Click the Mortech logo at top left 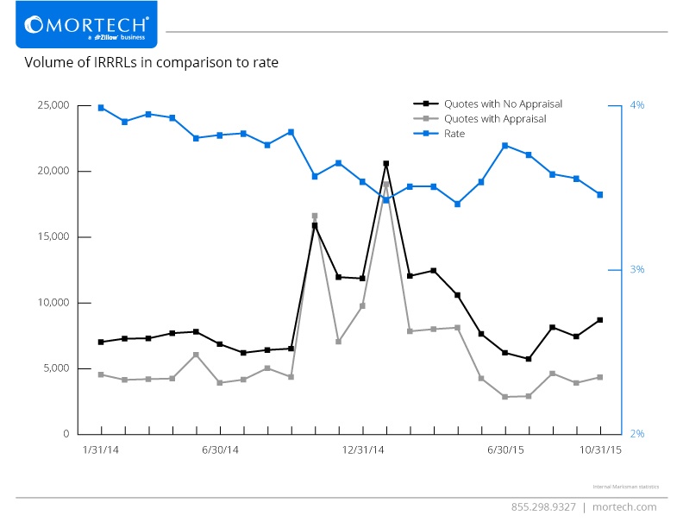tap(86, 26)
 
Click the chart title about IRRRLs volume tap(151, 63)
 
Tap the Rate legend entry tap(454, 134)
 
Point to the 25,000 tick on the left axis tap(53, 105)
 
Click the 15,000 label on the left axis tap(53, 237)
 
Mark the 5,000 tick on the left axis tap(56, 368)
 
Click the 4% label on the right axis tap(637, 105)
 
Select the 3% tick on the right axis tap(637, 270)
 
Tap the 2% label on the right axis tap(637, 434)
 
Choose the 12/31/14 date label tap(363, 449)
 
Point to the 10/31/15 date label tap(599, 449)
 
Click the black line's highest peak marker tap(385, 163)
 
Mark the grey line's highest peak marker tap(385, 184)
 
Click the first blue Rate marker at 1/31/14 tap(101, 108)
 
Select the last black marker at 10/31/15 tap(600, 320)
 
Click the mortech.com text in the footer tap(625, 507)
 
